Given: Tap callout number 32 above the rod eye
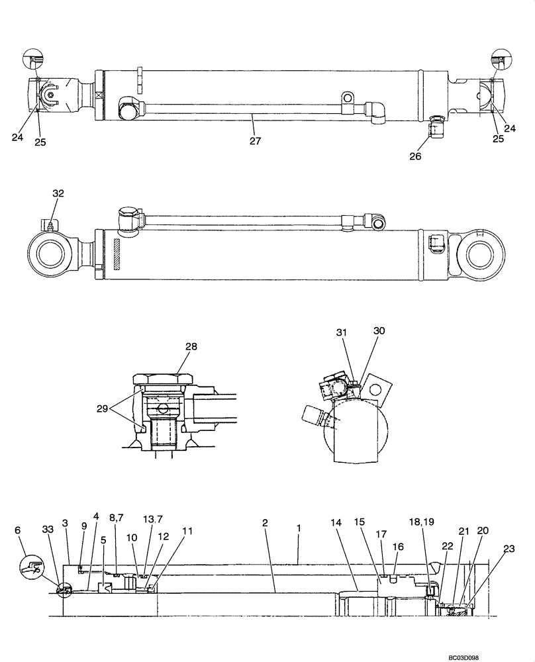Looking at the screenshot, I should (x=58, y=194).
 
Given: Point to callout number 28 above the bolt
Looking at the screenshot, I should (x=172, y=346).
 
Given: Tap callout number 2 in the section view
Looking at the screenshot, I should (x=264, y=523).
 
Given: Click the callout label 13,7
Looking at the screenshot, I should (x=152, y=519).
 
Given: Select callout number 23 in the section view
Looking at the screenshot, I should (x=509, y=548).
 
